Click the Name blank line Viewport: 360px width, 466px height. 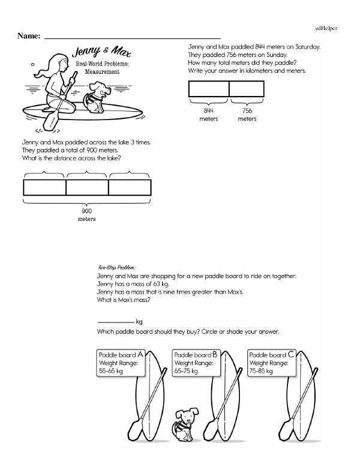point(132,38)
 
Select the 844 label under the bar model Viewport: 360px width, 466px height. point(209,111)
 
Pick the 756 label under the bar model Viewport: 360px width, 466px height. point(247,111)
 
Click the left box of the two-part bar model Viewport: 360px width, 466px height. point(209,89)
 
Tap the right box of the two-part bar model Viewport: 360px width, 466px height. point(247,89)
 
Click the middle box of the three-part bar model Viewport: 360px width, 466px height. point(87,187)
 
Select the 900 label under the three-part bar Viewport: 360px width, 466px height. point(87,211)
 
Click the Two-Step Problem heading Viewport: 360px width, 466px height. point(117,267)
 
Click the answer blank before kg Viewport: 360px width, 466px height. point(115,321)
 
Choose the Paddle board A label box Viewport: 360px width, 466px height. point(121,363)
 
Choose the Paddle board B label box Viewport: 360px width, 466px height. point(196,363)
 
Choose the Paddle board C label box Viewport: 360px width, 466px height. point(271,363)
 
